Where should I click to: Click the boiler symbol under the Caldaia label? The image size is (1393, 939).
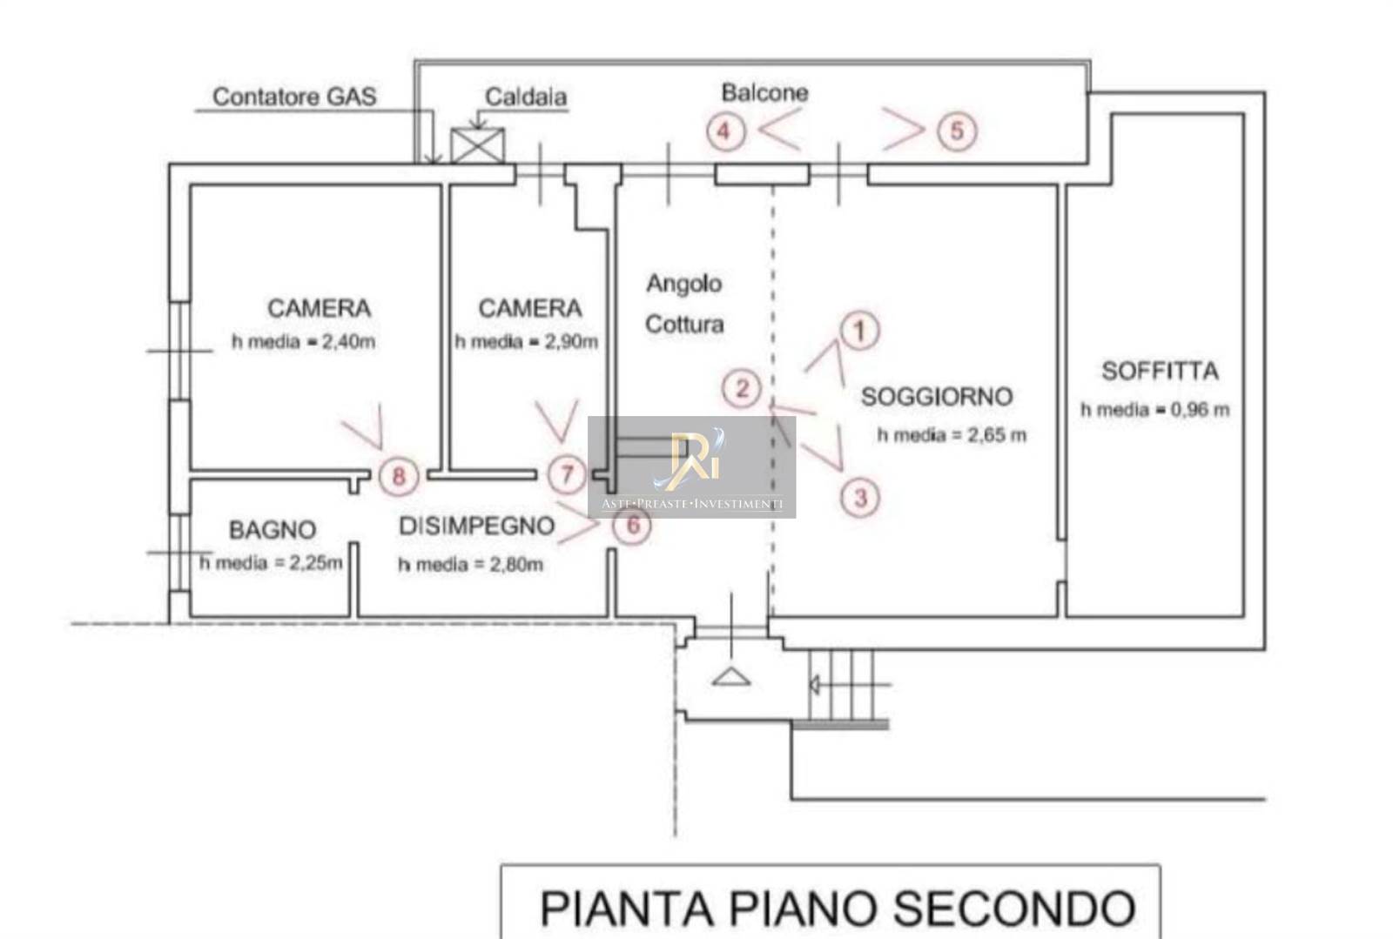[477, 145]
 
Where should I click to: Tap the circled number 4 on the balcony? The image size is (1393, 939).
[724, 131]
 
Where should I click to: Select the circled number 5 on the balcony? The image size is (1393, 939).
[957, 131]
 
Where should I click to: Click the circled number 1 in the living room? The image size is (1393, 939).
[860, 331]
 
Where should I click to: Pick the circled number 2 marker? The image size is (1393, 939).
[742, 388]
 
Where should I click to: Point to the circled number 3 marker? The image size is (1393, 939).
[860, 498]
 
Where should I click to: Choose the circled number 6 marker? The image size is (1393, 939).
[633, 525]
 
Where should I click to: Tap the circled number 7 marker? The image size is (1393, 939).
[567, 475]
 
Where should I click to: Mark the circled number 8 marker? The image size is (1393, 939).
[399, 476]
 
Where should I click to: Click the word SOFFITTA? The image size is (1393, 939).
[1160, 372]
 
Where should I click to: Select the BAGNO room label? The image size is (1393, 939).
[272, 530]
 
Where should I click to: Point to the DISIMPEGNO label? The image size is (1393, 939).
[476, 527]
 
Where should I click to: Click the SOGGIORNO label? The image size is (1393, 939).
[937, 397]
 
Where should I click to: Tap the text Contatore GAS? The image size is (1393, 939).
[294, 97]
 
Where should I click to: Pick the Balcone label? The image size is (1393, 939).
[764, 92]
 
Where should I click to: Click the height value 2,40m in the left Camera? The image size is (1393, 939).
[348, 342]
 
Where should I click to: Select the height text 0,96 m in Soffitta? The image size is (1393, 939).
[1200, 410]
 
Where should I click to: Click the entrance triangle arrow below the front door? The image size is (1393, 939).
[731, 677]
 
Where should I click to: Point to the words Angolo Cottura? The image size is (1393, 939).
[684, 304]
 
